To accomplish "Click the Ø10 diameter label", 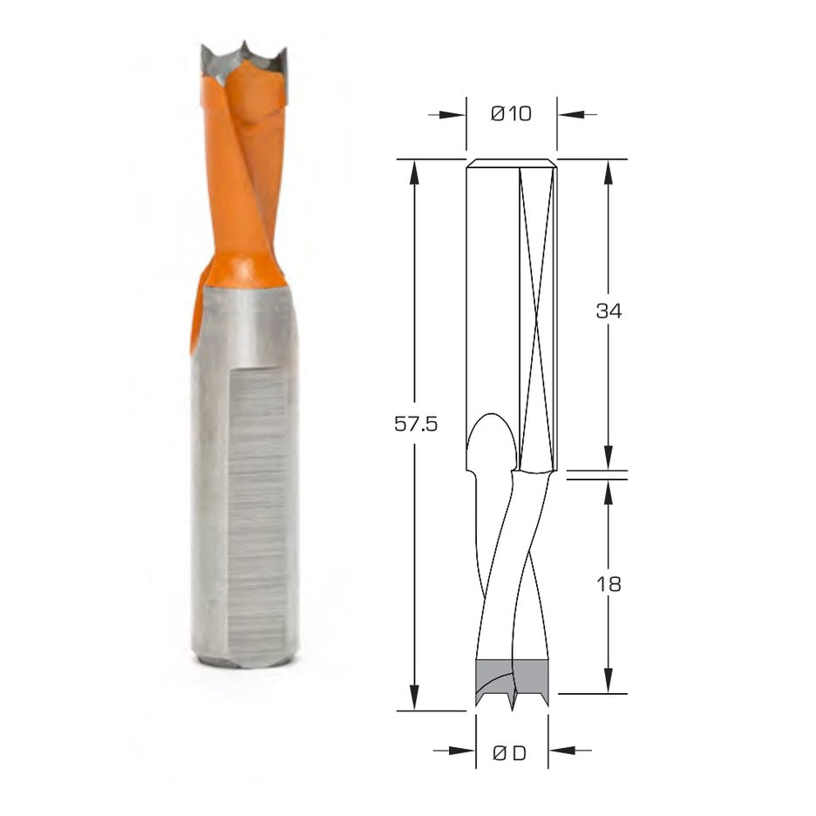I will coord(511,113).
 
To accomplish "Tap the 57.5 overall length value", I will coord(415,425).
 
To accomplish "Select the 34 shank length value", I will coord(609,310).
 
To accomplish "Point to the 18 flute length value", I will coord(609,583).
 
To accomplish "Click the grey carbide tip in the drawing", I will coord(512,676).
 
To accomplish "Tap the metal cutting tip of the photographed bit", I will coord(245,60).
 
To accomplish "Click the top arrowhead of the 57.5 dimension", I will coord(415,171).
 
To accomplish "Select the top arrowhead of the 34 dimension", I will coord(609,171).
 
